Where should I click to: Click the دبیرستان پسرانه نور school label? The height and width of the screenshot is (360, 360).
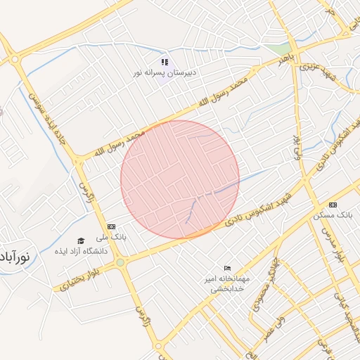coord(164,72)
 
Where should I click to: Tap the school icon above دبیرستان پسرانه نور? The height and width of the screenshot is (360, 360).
coord(165,62)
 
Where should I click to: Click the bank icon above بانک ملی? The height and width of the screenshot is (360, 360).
coord(111,226)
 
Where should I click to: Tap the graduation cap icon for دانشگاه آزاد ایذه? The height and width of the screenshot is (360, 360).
coord(81,240)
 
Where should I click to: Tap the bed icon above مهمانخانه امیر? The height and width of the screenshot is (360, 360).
coord(227,268)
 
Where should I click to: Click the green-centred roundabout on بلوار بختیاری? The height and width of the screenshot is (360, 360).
coord(120,263)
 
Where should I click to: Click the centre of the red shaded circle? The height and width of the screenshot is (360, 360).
coord(180,179)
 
